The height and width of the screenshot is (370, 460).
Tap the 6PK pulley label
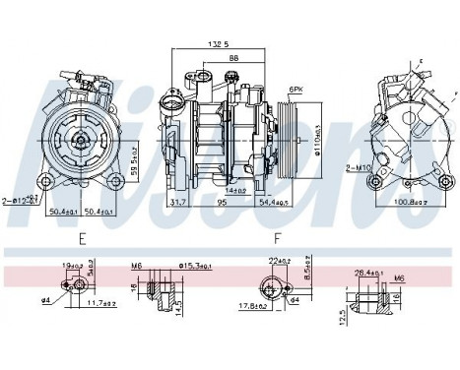(x=295, y=90)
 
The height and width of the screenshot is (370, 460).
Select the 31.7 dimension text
(x=179, y=203)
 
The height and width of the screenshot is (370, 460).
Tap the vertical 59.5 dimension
(x=131, y=154)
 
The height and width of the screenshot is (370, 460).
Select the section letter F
(x=279, y=237)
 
